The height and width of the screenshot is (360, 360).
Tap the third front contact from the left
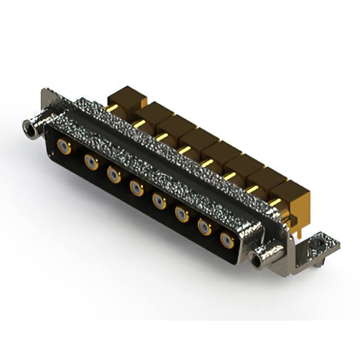(x=114, y=175)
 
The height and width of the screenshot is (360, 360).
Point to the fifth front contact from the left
(x=160, y=201)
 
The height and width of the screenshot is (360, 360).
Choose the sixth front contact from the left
(x=182, y=214)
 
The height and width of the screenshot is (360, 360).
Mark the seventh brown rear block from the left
(x=265, y=178)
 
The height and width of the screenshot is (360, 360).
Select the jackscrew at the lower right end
(x=260, y=258)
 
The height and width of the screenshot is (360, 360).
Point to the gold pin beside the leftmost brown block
(x=111, y=108)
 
